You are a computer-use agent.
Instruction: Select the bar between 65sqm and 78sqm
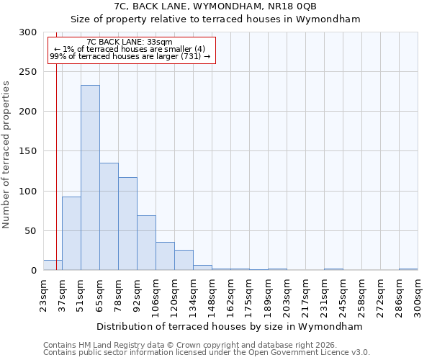tap(109, 217)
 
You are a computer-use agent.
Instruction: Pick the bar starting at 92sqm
tap(146, 243)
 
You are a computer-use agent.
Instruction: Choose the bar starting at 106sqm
tap(165, 256)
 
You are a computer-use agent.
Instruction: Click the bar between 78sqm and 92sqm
tap(127, 224)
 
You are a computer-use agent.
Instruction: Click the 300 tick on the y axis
tap(28, 32)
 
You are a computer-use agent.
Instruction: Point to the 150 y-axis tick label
tap(28, 151)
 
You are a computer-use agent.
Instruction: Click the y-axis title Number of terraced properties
tap(6, 154)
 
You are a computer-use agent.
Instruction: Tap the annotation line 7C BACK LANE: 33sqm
tap(130, 42)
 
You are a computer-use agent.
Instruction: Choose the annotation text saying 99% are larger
tap(130, 56)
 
